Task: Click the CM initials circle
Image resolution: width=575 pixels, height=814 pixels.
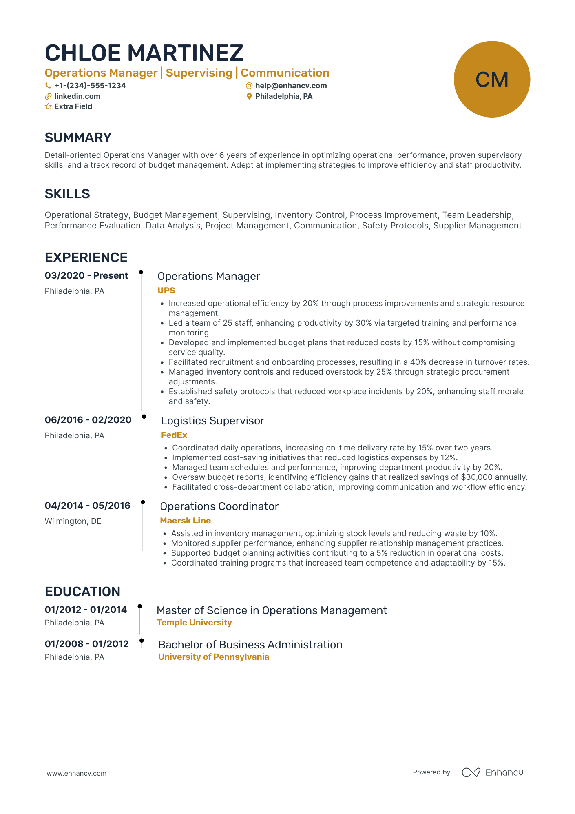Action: (492, 79)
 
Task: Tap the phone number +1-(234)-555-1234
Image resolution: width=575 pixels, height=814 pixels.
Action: (90, 86)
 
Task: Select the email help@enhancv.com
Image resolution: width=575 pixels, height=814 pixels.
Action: (291, 86)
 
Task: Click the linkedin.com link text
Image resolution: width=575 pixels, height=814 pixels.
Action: (77, 96)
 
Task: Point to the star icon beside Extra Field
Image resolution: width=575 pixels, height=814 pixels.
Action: (48, 106)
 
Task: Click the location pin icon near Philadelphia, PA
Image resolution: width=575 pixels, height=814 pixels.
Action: (249, 96)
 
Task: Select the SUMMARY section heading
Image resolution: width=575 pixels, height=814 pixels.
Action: (78, 138)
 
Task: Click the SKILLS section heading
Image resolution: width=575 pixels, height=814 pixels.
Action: (67, 194)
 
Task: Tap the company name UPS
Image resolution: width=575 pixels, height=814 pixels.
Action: (166, 291)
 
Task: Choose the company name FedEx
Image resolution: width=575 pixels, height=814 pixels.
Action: (174, 435)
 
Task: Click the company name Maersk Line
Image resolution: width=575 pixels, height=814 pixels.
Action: (185, 521)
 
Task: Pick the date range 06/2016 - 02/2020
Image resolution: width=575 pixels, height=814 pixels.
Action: (88, 420)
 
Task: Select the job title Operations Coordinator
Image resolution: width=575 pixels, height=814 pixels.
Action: (219, 506)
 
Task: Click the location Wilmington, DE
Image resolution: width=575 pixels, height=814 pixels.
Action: (73, 521)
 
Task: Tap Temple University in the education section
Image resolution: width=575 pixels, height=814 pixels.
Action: (194, 623)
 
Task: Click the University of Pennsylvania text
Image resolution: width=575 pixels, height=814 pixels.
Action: (214, 657)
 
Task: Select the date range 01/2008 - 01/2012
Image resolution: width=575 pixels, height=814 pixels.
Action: (86, 644)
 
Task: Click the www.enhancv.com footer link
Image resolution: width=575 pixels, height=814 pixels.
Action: (76, 773)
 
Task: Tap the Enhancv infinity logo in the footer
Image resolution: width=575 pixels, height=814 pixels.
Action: (471, 772)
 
